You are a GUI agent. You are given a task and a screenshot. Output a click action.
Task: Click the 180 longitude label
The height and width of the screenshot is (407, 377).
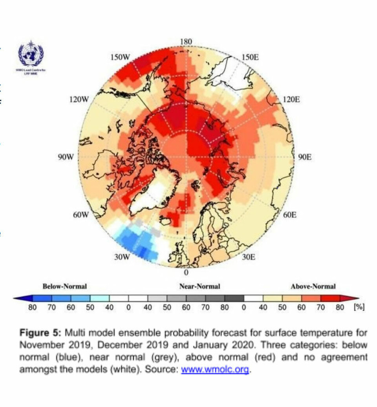(x=186, y=42)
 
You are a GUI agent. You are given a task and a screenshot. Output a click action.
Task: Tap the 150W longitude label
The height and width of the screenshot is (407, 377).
(x=120, y=57)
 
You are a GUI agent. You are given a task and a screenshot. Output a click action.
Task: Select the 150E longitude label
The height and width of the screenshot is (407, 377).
(x=250, y=57)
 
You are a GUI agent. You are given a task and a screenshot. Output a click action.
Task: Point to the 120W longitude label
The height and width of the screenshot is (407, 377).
(x=79, y=99)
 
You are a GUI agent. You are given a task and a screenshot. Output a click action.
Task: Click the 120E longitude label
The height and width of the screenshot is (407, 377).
(x=291, y=99)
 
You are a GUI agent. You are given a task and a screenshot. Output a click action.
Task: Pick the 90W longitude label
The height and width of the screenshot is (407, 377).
(x=66, y=157)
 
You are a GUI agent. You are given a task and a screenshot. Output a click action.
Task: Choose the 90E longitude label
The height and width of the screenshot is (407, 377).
(x=305, y=157)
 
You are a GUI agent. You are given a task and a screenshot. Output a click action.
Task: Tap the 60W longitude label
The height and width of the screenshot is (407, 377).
(x=81, y=215)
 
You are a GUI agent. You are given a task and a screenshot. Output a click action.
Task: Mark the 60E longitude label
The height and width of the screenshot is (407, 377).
(x=289, y=215)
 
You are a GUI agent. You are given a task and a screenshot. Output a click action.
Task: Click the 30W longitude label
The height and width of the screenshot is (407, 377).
(x=121, y=257)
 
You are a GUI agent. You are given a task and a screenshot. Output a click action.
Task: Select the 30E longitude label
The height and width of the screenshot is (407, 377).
(x=248, y=257)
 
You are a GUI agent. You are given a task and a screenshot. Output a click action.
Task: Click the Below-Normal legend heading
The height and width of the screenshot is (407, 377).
(x=64, y=286)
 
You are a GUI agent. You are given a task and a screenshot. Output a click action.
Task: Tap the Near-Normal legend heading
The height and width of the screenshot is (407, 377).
(x=199, y=286)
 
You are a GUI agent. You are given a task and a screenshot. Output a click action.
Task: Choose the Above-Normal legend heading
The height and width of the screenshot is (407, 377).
(x=313, y=286)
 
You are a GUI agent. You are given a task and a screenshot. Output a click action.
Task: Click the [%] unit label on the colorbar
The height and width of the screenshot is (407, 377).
(x=359, y=307)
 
